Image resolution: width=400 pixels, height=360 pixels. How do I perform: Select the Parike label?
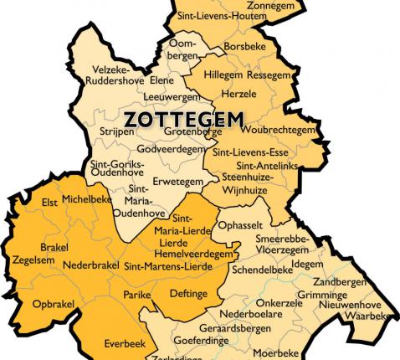[x=136, y=296]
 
